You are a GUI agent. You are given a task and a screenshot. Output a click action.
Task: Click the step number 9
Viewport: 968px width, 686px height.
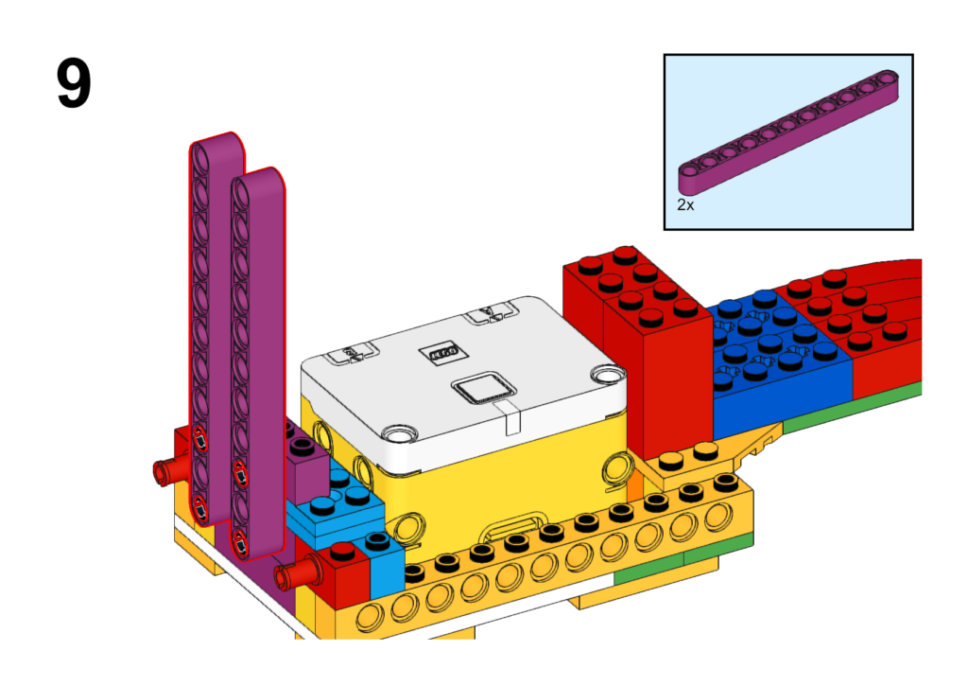click(74, 83)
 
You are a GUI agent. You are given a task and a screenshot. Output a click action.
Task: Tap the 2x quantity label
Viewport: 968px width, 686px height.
click(685, 204)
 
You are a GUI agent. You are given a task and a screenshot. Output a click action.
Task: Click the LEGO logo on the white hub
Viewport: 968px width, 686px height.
click(442, 352)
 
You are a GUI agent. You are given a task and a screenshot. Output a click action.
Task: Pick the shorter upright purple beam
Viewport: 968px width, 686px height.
click(258, 364)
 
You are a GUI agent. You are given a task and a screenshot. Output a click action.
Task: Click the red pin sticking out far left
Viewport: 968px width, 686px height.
click(171, 469)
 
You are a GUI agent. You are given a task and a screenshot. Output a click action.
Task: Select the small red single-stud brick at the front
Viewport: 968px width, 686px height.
click(343, 574)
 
